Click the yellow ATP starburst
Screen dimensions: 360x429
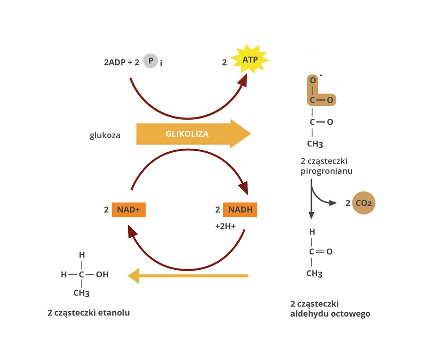tap(250, 59)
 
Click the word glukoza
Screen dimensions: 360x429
tap(105, 134)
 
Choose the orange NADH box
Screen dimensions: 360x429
tap(240, 209)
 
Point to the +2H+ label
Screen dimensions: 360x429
tap(225, 226)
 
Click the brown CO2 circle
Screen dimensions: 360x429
tap(363, 203)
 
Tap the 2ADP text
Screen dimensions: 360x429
tap(114, 63)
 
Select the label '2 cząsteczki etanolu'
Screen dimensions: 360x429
tap(88, 313)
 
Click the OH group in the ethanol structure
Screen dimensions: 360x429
tap(102, 274)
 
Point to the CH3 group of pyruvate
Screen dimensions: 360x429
tap(314, 145)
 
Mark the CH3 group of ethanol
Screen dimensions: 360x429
tap(82, 293)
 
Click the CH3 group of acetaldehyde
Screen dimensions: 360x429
tap(314, 274)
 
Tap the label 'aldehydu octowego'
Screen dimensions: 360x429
tap(330, 314)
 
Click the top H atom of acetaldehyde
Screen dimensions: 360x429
tap(312, 232)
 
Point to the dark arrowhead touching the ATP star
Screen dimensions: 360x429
tap(244, 80)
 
